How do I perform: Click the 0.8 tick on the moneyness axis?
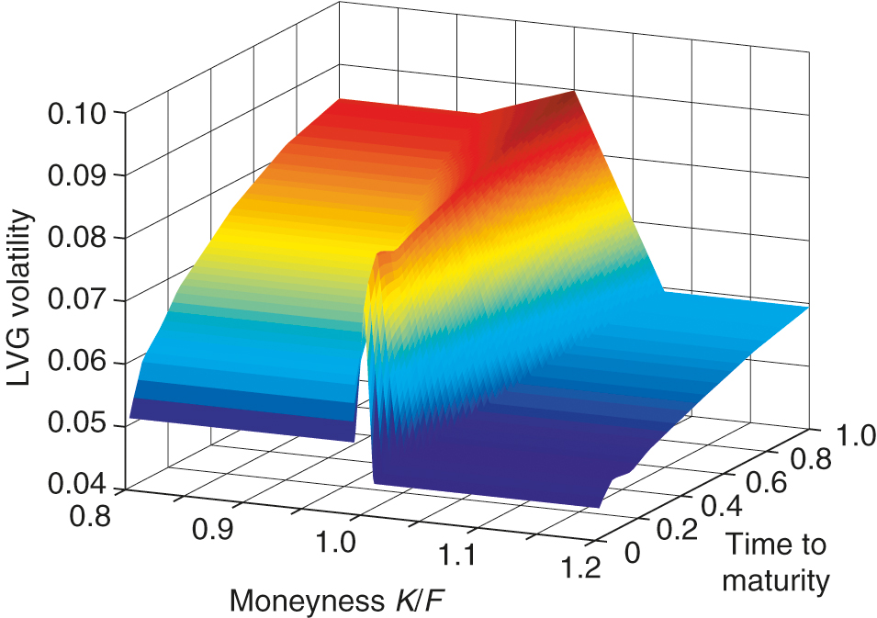point(89,516)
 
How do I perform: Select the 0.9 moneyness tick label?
point(214,530)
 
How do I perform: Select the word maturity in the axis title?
point(776,580)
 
